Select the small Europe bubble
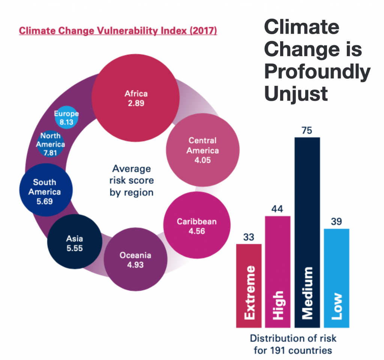point(66,117)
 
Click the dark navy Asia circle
point(75,243)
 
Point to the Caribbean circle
point(196,226)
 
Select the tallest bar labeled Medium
point(307,232)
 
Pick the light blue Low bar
point(336,278)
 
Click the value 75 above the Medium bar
point(307,131)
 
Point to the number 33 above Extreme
point(248,237)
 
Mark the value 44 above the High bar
point(277,209)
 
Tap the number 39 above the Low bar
point(336,222)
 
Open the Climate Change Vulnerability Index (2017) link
point(118,30)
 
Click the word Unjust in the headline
point(296,93)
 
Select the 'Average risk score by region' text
point(132,180)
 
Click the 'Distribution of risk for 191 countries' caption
point(293,344)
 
